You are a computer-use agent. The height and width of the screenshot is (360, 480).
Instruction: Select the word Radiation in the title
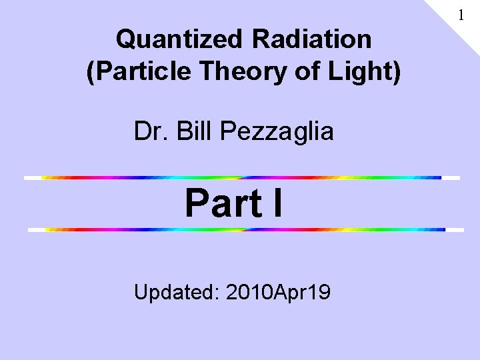[311, 39]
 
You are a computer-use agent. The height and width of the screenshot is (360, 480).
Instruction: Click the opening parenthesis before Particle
[91, 73]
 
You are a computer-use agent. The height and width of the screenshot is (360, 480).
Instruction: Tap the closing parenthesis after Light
[397, 73]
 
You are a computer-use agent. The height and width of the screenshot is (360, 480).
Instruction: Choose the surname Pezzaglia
[276, 132]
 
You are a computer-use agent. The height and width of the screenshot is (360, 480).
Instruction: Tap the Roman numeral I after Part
[277, 203]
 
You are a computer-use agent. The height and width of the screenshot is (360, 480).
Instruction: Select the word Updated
[176, 292]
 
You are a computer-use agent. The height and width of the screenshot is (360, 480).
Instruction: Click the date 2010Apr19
[279, 292]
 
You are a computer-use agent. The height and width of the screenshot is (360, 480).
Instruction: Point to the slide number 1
[460, 13]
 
